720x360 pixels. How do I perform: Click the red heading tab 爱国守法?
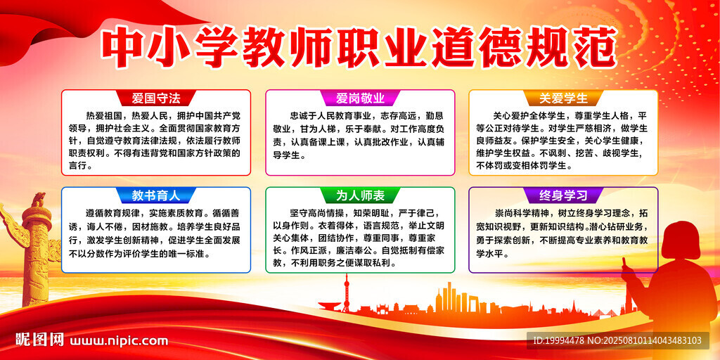[x=156, y=98]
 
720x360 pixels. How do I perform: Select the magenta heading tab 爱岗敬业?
[x=360, y=98]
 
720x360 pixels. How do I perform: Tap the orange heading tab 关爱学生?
[x=563, y=98]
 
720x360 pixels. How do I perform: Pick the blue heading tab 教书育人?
[x=156, y=195]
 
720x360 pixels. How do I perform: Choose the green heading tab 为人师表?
[x=360, y=195]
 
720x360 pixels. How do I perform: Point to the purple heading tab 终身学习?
[x=563, y=195]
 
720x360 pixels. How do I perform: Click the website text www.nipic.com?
[x=119, y=341]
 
